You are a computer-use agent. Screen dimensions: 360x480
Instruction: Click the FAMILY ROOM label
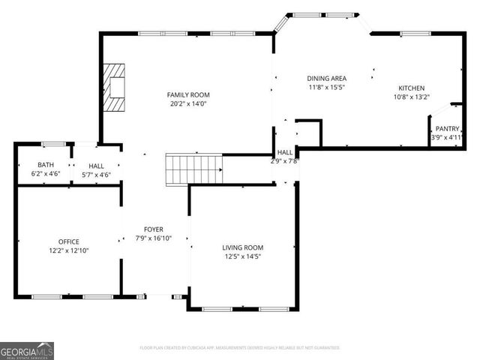[187, 94]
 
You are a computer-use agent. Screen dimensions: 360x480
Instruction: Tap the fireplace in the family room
[114, 88]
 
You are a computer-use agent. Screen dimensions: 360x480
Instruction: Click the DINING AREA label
[327, 78]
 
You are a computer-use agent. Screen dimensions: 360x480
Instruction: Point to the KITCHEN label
[412, 87]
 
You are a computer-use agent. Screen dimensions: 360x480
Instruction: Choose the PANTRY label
[447, 128]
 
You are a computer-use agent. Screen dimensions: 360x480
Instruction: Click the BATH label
[46, 165]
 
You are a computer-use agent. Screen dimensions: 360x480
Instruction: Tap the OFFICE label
[68, 241]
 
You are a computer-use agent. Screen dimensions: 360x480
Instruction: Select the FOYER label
[154, 229]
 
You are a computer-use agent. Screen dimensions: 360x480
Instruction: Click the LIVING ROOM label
[242, 247]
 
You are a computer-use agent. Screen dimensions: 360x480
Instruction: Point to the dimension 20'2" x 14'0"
[187, 104]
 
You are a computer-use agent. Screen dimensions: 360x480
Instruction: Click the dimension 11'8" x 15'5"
[327, 87]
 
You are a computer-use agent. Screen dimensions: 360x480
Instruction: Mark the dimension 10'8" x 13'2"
[412, 96]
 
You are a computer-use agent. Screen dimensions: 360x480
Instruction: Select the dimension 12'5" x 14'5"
[242, 256]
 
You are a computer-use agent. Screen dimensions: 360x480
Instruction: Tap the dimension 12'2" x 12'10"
[68, 250]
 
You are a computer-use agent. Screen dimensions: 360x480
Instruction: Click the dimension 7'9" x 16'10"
[154, 238]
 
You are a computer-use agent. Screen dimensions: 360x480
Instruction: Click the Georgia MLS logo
[27, 350]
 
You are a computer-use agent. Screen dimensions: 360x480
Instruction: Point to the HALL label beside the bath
[96, 165]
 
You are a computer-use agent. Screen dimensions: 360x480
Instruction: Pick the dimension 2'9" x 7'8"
[285, 160]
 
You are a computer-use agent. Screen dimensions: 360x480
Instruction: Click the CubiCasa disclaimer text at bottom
[240, 348]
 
